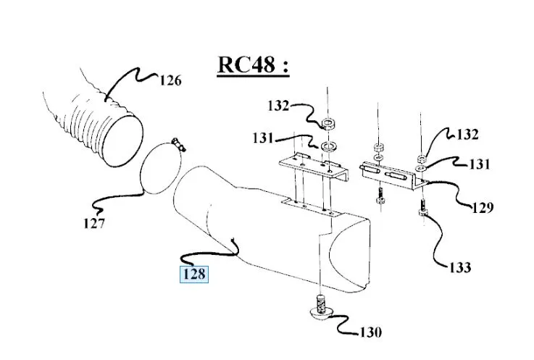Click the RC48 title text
point(253,64)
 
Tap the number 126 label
point(170,80)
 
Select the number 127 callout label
point(93,223)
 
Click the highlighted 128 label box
point(193,275)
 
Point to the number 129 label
point(481,209)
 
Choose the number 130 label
point(370,333)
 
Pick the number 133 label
point(459,268)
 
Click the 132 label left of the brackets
point(278,106)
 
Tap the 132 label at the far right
point(468,134)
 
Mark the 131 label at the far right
point(480,164)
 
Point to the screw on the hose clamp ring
point(178,145)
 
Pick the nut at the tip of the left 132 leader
point(327,122)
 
